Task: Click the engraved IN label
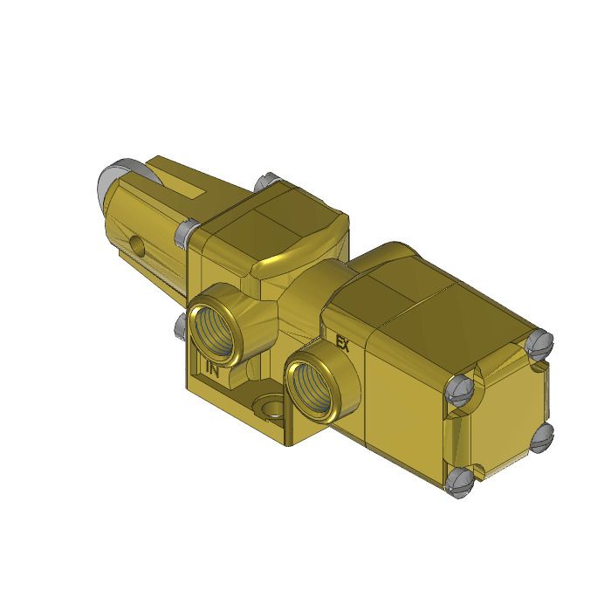click(x=212, y=368)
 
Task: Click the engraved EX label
click(x=342, y=343)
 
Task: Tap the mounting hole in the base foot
click(x=269, y=407)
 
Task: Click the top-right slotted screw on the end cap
click(x=539, y=342)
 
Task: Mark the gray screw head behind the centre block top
click(x=265, y=182)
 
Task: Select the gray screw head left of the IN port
click(x=181, y=325)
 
